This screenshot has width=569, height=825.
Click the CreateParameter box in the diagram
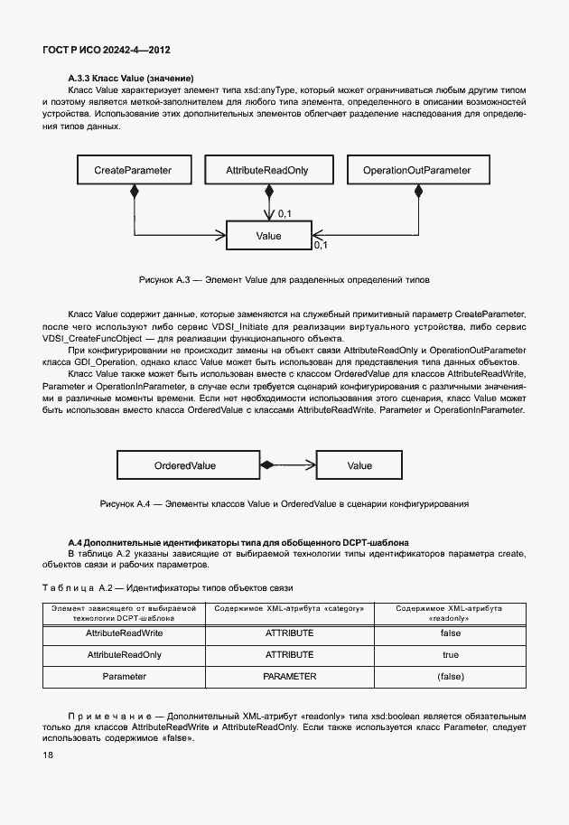coord(133,170)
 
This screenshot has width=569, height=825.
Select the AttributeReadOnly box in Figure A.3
coord(267,170)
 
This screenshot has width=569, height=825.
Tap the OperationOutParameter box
coord(416,170)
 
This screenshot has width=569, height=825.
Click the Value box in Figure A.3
coord(268,236)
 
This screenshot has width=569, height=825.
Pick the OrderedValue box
coord(184,465)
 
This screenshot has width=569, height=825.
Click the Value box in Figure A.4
coord(359,465)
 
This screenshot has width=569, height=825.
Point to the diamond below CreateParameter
coord(134,191)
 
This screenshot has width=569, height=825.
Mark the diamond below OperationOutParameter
coord(418,191)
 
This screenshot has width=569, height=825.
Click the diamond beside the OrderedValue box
coord(266,465)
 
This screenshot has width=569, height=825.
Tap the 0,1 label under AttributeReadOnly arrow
coord(284,213)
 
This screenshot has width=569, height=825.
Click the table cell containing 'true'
coord(450,654)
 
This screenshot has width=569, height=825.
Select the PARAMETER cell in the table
coord(289,676)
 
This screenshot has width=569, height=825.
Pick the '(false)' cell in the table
coord(450,676)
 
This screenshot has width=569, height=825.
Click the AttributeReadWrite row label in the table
coord(124,634)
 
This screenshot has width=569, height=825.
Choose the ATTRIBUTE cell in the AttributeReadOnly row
coord(289,654)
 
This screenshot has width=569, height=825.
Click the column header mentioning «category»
coord(289,609)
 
